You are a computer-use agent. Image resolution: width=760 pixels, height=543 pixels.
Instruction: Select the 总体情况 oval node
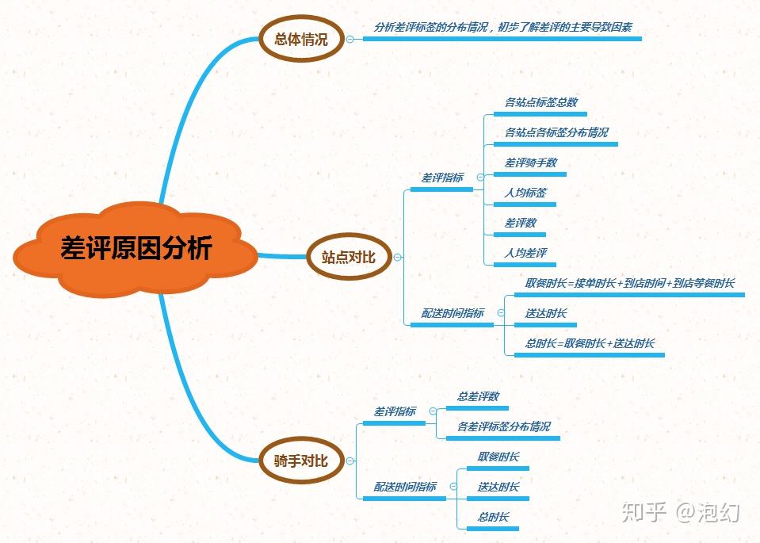click(300, 37)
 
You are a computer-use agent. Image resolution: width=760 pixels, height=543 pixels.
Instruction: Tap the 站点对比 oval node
click(349, 257)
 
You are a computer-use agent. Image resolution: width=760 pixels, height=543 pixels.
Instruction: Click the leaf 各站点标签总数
click(540, 102)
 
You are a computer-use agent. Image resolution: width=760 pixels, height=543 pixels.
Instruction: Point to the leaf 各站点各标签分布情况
click(556, 132)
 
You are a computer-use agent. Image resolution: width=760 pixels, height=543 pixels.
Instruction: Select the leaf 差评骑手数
click(530, 163)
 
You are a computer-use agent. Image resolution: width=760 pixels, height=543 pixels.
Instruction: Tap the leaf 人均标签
click(525, 193)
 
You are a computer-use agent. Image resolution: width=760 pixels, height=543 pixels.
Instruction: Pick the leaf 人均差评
click(525, 253)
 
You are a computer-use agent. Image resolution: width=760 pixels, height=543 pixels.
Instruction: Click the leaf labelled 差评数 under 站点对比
click(520, 223)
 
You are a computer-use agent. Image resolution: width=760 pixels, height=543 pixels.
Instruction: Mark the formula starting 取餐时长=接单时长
click(629, 283)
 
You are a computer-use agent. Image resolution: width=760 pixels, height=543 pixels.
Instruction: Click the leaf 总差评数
click(477, 396)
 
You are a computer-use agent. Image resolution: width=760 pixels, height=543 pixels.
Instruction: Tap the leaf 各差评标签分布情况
click(503, 426)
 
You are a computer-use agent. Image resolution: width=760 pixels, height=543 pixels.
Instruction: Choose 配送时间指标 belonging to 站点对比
click(452, 313)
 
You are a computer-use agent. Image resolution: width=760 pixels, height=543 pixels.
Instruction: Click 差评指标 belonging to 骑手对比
click(394, 411)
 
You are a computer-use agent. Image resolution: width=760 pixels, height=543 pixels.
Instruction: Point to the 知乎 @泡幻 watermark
click(681, 512)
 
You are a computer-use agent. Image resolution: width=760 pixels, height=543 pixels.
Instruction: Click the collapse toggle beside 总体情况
click(349, 37)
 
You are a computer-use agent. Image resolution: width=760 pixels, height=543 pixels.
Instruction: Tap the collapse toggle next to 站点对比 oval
click(397, 257)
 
